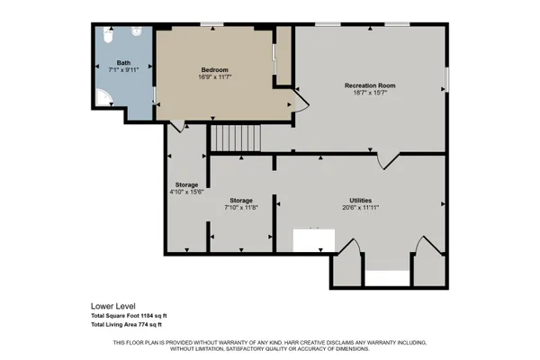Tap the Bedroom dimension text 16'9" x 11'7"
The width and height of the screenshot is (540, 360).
pyautogui.click(x=214, y=77)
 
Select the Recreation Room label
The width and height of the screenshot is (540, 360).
pyautogui.click(x=370, y=85)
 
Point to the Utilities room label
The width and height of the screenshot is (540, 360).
pyautogui.click(x=361, y=200)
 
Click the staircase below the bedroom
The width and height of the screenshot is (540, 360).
pyautogui.click(x=235, y=139)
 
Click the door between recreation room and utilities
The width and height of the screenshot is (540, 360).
pyautogui.click(x=387, y=160)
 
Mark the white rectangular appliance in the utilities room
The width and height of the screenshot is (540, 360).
pyautogui.click(x=314, y=240)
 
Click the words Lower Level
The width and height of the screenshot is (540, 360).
pyautogui.click(x=112, y=305)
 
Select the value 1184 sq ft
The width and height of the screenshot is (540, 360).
pyautogui.click(x=154, y=315)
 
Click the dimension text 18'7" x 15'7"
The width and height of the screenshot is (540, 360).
pyautogui.click(x=370, y=94)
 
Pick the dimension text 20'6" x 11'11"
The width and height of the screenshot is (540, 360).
pyautogui.click(x=361, y=208)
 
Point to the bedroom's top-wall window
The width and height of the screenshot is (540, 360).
pyautogui.click(x=212, y=23)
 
